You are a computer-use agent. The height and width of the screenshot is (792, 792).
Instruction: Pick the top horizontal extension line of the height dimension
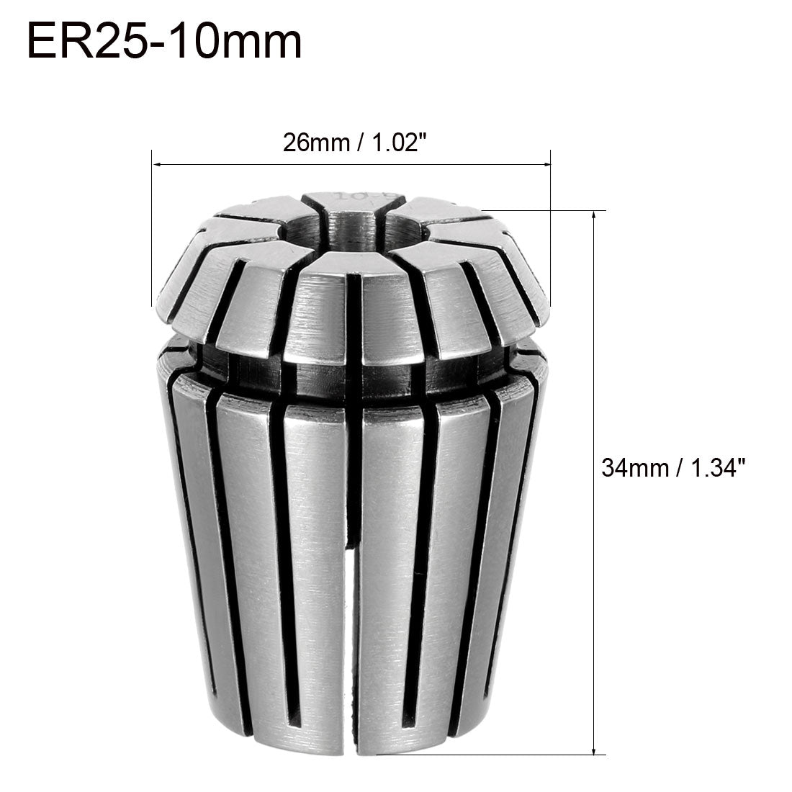(x=547, y=211)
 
